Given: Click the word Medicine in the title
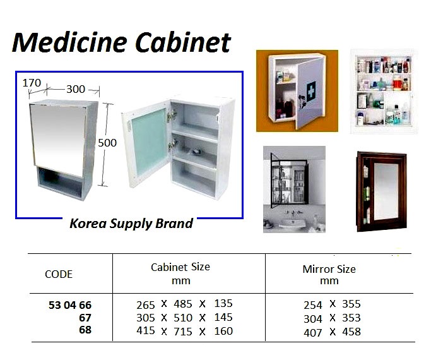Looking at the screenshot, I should tap(63, 42).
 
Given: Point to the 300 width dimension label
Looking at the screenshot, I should tap(75, 89).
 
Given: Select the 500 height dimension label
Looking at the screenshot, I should tap(107, 143).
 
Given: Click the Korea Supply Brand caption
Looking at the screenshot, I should tap(131, 224).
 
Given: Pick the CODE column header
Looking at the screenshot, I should tap(59, 274).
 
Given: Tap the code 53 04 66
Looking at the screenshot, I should tap(69, 305).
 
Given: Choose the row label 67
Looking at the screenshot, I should tap(85, 318).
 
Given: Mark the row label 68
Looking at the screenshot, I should tap(85, 330).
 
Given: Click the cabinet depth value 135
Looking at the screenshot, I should tap(223, 304).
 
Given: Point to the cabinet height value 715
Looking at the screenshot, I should tap(183, 331).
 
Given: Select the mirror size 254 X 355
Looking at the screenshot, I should tap(332, 304).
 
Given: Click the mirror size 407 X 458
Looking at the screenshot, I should tap(332, 332).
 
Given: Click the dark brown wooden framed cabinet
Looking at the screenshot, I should tap(381, 191).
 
